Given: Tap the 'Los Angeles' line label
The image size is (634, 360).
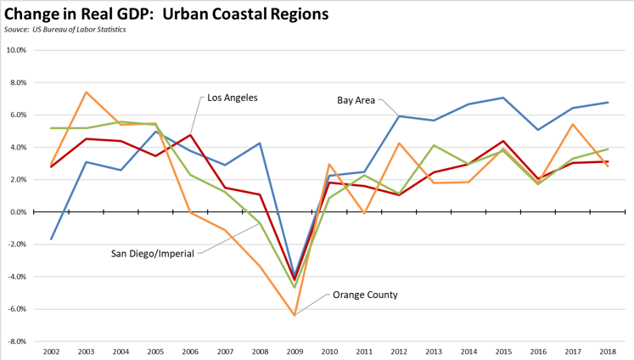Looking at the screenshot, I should coord(233,98).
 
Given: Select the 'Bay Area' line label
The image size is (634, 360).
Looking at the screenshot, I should coord(356,99).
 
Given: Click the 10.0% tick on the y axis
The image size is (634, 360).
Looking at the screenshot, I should coord(15,50).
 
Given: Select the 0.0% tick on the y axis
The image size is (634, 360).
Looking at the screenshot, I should coord(17,212).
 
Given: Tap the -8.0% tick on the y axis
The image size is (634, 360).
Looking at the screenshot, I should coord(16,341).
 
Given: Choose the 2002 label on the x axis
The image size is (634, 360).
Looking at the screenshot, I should coord(52,352).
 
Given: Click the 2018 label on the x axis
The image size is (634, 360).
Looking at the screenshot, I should coord(608,352).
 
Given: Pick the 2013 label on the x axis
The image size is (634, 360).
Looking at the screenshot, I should coord(435,352).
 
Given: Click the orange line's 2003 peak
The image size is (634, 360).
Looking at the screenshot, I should coord(87,93).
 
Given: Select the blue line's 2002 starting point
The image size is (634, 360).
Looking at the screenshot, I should coord(52,239).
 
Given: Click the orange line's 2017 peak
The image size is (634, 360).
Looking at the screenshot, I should coord(574,125).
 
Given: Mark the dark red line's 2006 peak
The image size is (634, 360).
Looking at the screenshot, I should coord(191,135).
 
